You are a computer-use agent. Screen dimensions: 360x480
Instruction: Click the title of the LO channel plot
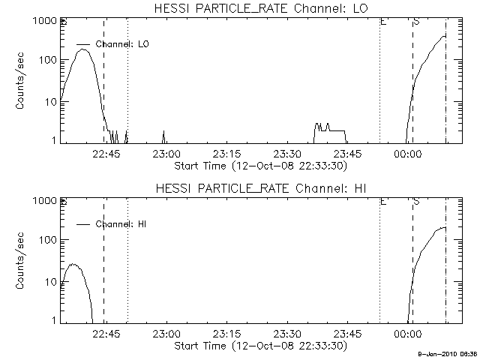click(259, 8)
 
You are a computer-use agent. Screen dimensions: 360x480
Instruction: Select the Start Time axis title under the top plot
click(259, 166)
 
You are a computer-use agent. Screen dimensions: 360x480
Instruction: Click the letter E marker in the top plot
click(383, 22)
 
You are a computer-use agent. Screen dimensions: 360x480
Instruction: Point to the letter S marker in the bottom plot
click(416, 202)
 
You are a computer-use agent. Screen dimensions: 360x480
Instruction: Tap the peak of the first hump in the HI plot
click(73, 265)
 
